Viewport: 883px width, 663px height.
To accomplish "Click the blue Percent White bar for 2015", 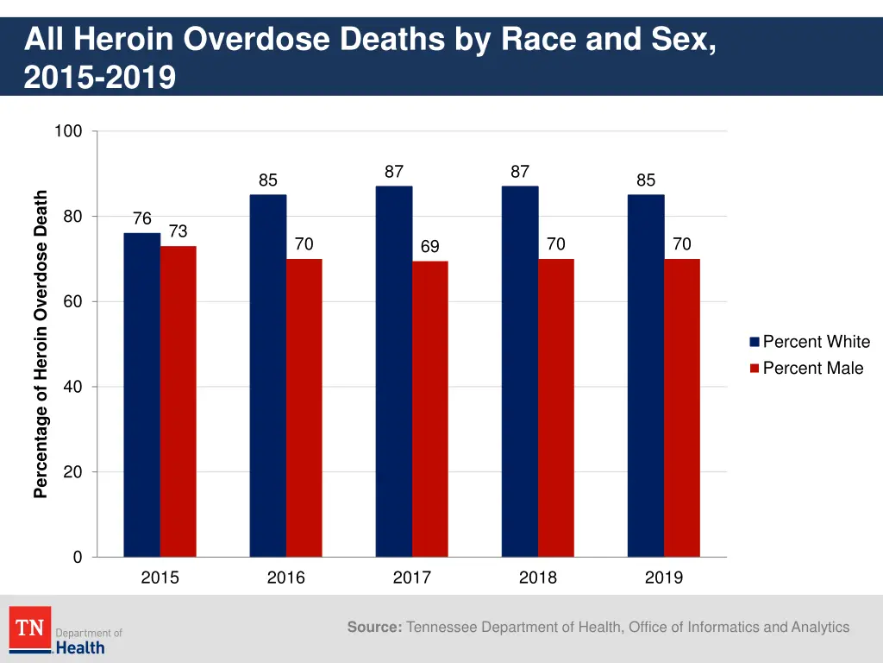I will click(141, 395).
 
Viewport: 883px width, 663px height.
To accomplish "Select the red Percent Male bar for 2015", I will click(178, 401).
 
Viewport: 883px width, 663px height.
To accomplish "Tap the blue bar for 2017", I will click(394, 371).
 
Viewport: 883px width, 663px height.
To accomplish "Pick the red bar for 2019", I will click(681, 407).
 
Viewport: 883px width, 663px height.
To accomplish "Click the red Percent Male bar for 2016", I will click(304, 407).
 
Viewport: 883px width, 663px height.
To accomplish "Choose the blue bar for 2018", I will click(520, 371).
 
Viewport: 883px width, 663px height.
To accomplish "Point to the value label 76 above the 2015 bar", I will click(142, 219).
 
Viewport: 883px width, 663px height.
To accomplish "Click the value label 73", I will click(178, 231).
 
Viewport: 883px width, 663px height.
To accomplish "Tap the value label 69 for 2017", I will click(429, 247).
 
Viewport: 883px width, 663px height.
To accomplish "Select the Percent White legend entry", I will click(809, 342).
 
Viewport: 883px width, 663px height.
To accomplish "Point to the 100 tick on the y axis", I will click(68, 131).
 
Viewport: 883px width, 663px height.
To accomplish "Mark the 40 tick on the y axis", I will click(72, 387).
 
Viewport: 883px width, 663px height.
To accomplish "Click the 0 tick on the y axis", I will click(77, 558).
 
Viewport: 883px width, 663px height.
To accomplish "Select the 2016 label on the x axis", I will click(285, 578).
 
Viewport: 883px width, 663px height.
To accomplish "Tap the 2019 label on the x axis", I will click(663, 578).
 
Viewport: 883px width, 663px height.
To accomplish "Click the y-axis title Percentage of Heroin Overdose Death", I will click(41, 344).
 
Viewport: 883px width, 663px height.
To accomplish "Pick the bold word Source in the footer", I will click(374, 628).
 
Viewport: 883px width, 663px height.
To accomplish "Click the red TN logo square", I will click(30, 628).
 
